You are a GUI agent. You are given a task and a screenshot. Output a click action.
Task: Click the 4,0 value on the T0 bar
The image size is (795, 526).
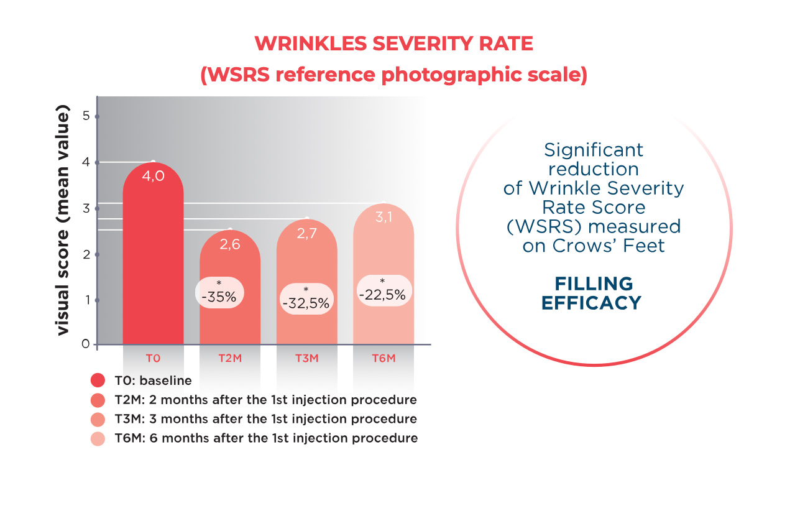point(153,177)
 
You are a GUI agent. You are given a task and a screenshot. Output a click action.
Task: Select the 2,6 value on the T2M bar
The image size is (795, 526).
point(229,244)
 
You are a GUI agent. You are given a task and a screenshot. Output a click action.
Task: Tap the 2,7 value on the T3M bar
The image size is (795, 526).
point(306,234)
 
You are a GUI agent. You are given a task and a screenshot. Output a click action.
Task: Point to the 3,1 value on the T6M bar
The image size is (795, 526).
point(384,218)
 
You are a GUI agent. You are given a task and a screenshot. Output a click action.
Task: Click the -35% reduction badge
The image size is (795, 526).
point(221,293)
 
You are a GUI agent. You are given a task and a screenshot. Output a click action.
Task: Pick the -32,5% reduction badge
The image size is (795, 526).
point(306,299)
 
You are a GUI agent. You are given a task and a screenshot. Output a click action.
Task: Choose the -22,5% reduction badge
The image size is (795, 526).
point(382,291)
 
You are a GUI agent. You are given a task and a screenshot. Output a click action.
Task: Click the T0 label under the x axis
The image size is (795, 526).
point(153,359)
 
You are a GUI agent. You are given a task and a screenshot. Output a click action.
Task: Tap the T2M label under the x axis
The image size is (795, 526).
point(230,359)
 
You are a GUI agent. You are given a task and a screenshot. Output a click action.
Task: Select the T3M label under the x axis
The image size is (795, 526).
point(306,359)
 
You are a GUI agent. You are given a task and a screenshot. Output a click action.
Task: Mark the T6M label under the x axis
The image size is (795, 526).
point(384,359)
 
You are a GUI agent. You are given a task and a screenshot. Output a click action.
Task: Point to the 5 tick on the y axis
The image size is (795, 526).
point(87,116)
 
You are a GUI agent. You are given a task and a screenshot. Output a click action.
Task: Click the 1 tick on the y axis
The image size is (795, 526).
point(87,300)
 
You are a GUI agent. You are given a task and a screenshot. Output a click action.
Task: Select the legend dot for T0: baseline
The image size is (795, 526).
point(98,381)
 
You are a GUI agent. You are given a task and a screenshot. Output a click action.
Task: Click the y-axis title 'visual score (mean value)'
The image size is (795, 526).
point(63,222)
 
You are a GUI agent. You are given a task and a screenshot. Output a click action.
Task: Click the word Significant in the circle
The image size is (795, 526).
point(594,150)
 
